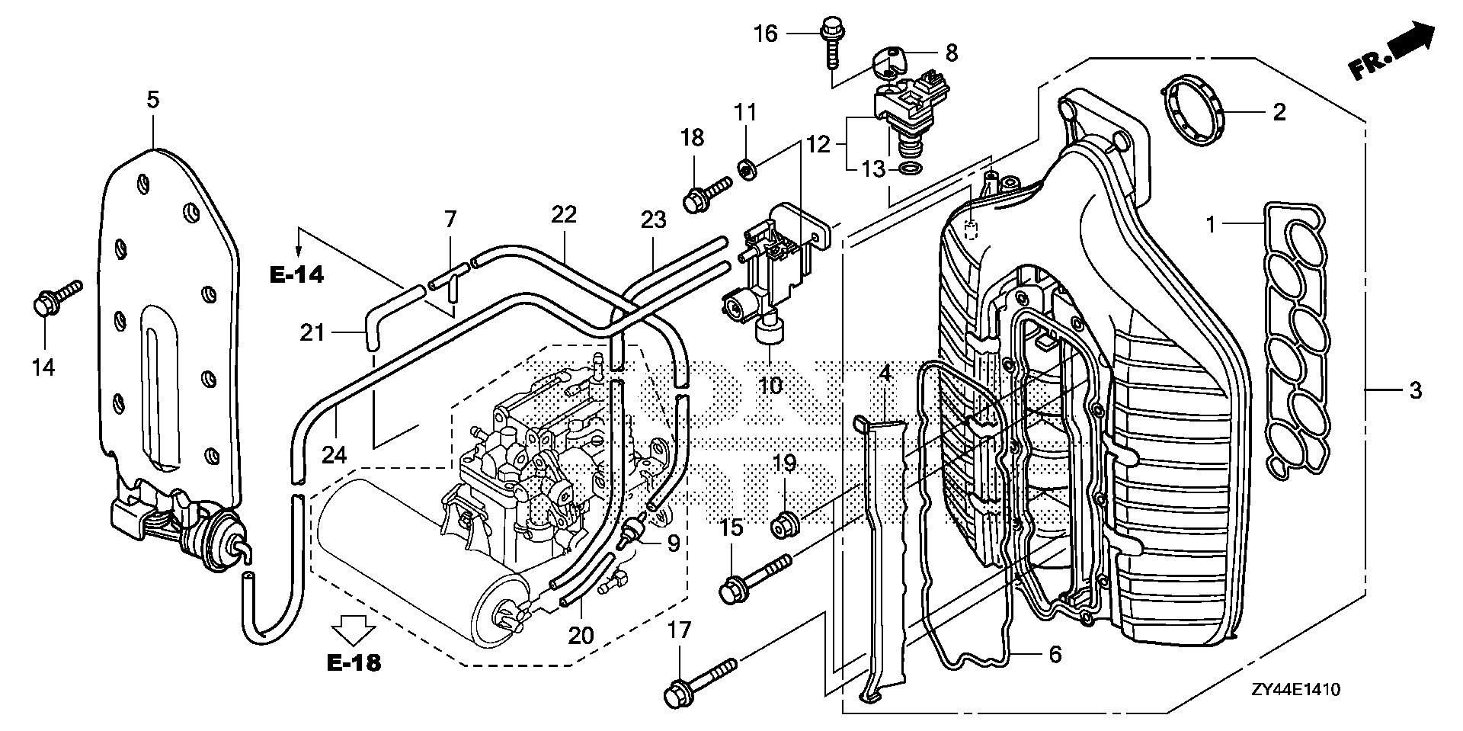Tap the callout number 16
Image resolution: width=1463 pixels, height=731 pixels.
tap(767, 34)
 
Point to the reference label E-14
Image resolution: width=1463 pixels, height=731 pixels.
tap(296, 274)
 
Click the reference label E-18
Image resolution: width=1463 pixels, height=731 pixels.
tap(354, 662)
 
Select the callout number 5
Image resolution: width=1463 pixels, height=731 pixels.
tap(152, 100)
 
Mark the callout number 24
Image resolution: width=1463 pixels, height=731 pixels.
tap(334, 455)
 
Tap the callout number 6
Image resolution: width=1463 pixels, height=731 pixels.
tap(1055, 654)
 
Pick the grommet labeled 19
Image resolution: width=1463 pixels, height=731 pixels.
tap(785, 524)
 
